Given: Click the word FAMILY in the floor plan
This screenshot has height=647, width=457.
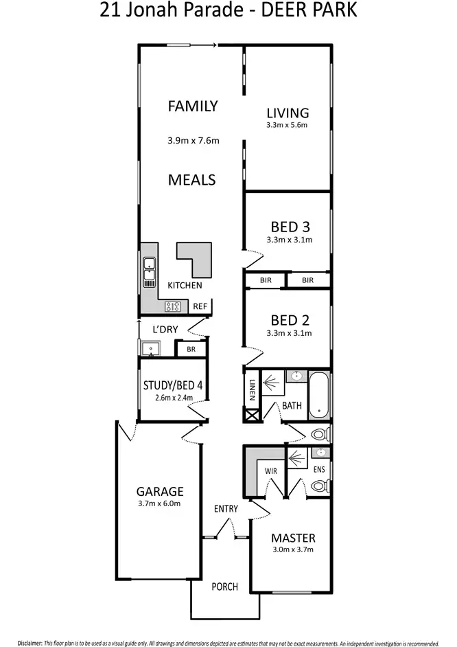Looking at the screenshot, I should click(x=193, y=106).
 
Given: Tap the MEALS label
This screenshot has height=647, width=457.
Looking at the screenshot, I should click(x=193, y=180).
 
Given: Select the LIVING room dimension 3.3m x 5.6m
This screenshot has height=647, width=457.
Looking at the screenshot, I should click(x=288, y=126).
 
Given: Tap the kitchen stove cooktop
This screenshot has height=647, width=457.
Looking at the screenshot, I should click(x=174, y=306).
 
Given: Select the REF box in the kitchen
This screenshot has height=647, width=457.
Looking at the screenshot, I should click(x=200, y=306).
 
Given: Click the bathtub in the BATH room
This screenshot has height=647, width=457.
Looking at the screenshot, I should click(x=319, y=395).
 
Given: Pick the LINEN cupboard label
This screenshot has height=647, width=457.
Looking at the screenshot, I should click(x=252, y=390).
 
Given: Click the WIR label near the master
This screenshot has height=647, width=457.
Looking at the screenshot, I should click(x=271, y=471).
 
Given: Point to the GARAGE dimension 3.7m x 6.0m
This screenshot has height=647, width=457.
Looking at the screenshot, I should click(x=159, y=503).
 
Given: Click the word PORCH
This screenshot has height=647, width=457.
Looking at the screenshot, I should click(x=224, y=587).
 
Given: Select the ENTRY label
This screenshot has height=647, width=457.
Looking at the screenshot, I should click(x=226, y=509).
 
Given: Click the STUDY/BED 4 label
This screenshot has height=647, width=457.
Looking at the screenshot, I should click(x=173, y=385).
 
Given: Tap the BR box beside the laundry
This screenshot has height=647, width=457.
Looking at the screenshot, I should click(x=191, y=350).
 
